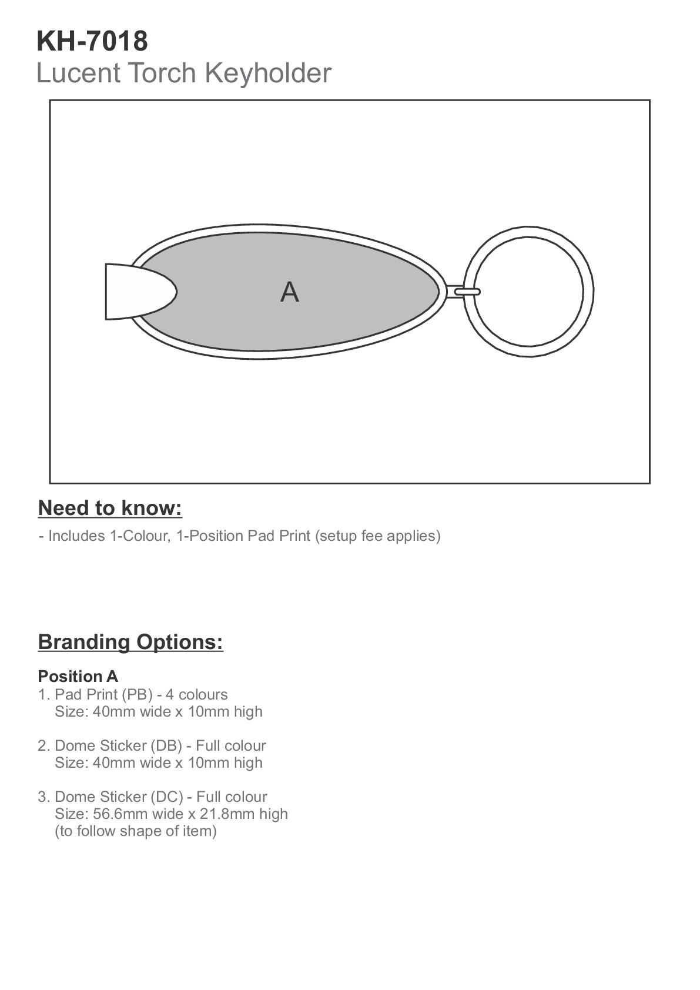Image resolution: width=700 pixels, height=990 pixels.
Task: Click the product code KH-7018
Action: (92, 42)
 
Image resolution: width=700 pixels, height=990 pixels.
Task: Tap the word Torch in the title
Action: (162, 73)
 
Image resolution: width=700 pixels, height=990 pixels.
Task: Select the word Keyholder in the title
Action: (267, 73)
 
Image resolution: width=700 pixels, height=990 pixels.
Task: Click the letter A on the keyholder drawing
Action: (289, 292)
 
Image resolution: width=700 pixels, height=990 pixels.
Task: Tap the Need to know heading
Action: (110, 508)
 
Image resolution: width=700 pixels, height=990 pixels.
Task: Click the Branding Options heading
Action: (130, 641)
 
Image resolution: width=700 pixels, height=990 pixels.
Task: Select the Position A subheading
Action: (78, 676)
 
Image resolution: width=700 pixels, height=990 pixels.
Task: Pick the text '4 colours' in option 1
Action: (196, 694)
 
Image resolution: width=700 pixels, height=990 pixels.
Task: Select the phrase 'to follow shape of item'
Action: (136, 831)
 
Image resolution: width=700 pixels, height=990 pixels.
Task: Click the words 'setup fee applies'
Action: (377, 536)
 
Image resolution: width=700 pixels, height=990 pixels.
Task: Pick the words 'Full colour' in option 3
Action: (232, 797)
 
